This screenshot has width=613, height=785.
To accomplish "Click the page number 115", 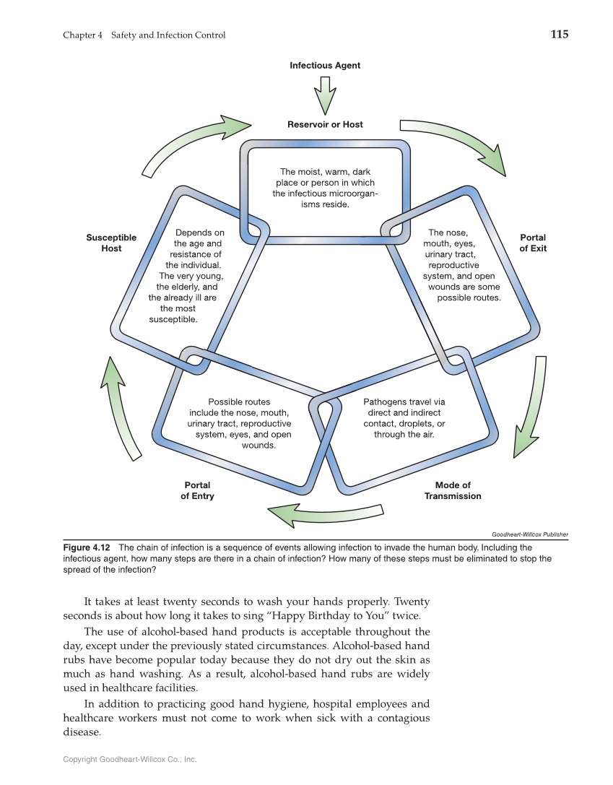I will (559, 34).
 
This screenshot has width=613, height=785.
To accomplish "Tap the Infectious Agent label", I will (325, 66).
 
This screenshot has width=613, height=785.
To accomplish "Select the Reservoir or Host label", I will (325, 124).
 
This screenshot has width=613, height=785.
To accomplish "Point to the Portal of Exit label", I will (533, 243).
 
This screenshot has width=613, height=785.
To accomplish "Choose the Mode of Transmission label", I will (453, 490).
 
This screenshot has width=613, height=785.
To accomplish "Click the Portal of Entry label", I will (197, 490).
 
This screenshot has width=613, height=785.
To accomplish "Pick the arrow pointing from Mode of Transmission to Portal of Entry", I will (325, 513).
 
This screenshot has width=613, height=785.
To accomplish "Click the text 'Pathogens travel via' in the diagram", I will (404, 402).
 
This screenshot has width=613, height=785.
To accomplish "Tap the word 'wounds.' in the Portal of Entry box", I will (258, 446).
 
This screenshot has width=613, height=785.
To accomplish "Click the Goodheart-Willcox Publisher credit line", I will (530, 534).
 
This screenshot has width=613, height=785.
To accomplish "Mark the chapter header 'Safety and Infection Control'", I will (168, 35).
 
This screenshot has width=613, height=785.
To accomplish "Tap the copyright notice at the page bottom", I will (130, 759).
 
